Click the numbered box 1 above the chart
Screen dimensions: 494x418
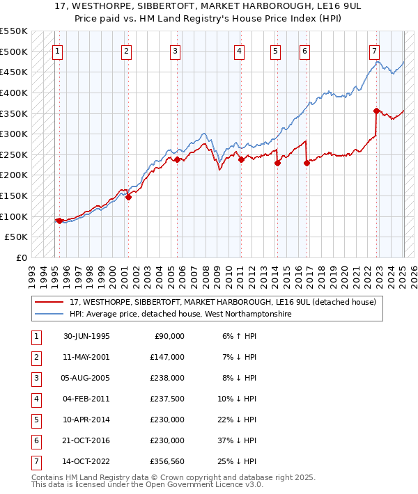pos(57,51)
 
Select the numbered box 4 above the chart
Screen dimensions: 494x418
pos(239,51)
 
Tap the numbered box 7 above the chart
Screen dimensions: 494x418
pos(375,51)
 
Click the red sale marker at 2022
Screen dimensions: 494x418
pos(376,111)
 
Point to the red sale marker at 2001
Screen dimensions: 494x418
pos(128,197)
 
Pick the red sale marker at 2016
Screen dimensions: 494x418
pos(307,163)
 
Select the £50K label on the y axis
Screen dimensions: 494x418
pos(17,237)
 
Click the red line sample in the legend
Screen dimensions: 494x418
pos(49,303)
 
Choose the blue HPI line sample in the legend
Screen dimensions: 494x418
pos(49,314)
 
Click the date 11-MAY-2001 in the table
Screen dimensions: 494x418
pos(86,357)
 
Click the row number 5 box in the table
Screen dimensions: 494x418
pos(36,420)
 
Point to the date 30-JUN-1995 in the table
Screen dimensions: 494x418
pos(86,336)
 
